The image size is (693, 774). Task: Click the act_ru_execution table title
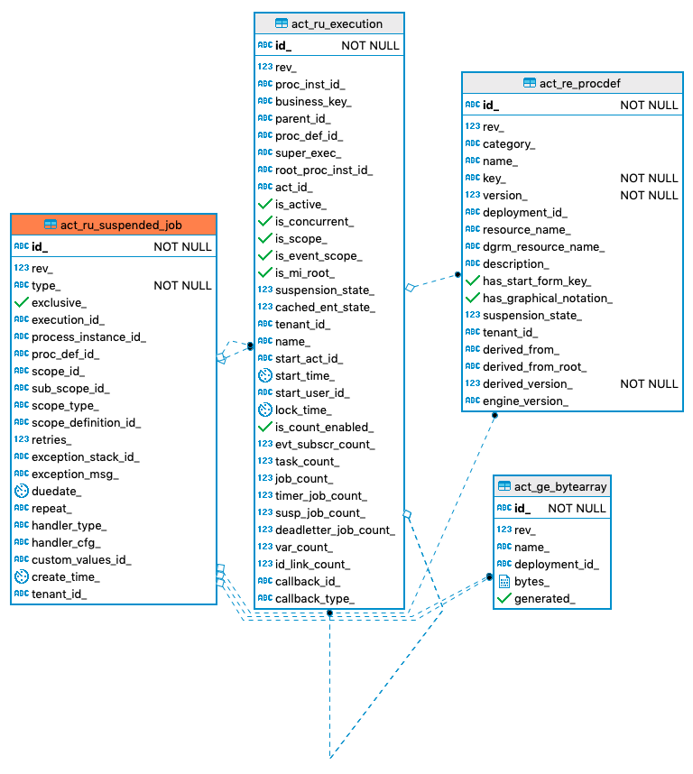pos(337,23)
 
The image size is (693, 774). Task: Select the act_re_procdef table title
pos(579,83)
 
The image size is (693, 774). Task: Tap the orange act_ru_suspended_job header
pos(121,225)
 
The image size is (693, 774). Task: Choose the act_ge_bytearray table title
pos(560,486)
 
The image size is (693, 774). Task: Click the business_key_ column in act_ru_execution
pos(313,102)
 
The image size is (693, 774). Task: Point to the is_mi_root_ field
pos(304,272)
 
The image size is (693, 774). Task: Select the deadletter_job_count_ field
pos(335,530)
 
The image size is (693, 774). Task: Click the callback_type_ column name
pos(314,598)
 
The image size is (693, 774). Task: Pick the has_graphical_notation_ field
pos(547,298)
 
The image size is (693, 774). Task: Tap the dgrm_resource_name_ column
pos(543,246)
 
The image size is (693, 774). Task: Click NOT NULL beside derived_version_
pos(649,383)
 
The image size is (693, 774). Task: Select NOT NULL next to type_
pos(182,285)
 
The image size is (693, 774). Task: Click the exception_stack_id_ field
pos(85,456)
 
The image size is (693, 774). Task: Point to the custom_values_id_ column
pos(81,559)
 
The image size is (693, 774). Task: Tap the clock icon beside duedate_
pos(22,491)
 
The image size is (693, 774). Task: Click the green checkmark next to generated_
pos(504,598)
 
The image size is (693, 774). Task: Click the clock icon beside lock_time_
pos(265,410)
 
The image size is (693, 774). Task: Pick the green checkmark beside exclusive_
pos(22,302)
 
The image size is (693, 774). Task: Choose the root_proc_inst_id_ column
pos(323,170)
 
